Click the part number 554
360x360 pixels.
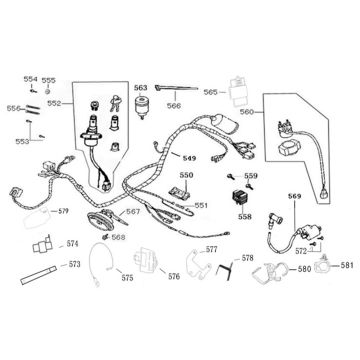click(x=30, y=79)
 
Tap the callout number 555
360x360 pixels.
click(x=49, y=79)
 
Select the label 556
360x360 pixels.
click(x=14, y=107)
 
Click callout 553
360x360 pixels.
click(x=23, y=142)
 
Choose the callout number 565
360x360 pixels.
click(x=210, y=91)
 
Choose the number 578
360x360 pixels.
click(x=248, y=257)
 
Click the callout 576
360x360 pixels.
click(x=173, y=276)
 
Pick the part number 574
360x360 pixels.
click(x=72, y=243)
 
